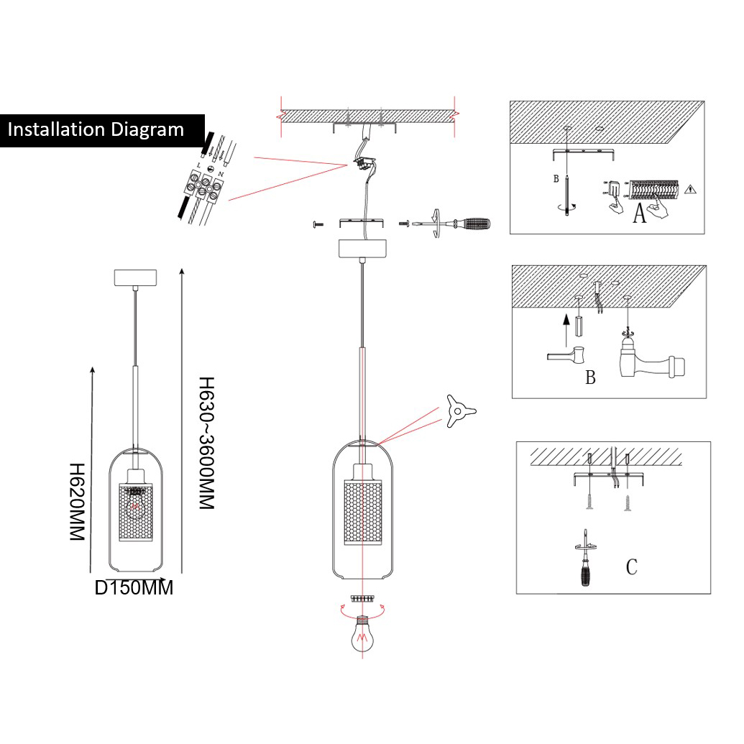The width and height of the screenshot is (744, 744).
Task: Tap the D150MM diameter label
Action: (134, 589)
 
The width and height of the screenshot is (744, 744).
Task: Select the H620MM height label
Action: (77, 502)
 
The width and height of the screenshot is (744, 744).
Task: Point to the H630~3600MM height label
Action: (207, 444)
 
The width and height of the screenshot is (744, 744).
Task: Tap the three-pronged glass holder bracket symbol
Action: (458, 411)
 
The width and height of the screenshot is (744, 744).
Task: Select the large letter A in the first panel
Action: (640, 213)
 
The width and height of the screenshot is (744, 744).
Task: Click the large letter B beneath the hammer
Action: (590, 378)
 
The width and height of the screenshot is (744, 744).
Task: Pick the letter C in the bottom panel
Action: (631, 567)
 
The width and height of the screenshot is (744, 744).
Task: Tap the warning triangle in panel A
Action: (690, 190)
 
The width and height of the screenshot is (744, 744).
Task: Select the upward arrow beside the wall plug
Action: (566, 326)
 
